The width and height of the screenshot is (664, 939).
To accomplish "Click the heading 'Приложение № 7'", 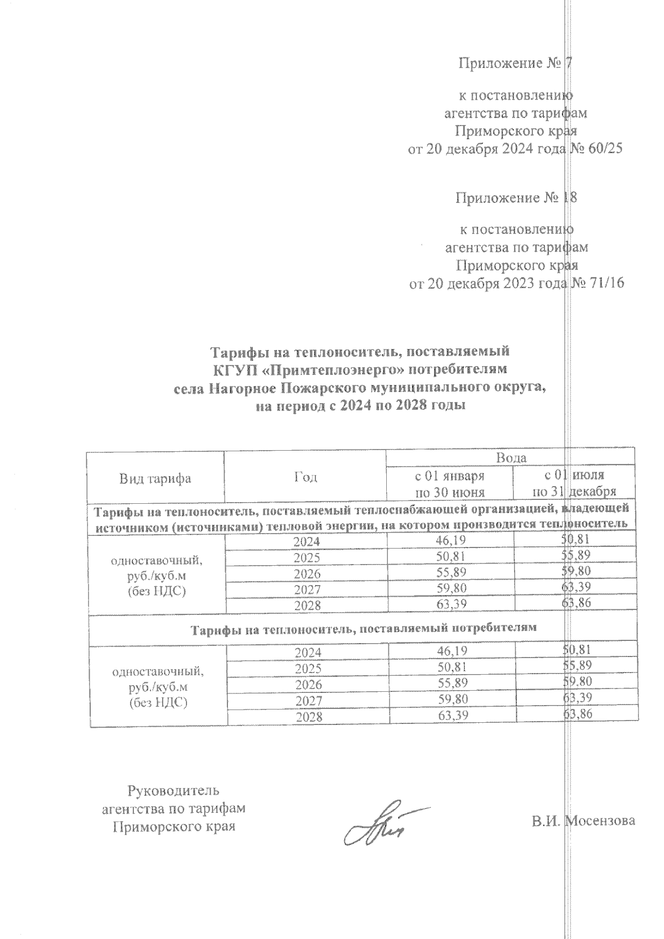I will tap(514, 64).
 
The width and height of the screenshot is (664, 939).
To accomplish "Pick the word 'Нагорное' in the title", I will tap(242, 387).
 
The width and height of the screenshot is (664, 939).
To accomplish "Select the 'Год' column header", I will tap(305, 477).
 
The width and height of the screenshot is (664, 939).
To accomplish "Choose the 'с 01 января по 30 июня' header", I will tap(450, 483).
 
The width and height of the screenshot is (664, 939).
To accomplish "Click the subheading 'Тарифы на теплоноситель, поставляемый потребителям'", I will tap(364, 629).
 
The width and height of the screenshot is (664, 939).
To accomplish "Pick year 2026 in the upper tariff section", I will tap(308, 573).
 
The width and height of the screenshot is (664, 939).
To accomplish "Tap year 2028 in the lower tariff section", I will tap(308, 717).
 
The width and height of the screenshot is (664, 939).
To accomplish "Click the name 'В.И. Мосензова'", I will tap(583, 821).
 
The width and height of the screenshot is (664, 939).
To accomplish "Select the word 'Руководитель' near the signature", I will tap(173, 790).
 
